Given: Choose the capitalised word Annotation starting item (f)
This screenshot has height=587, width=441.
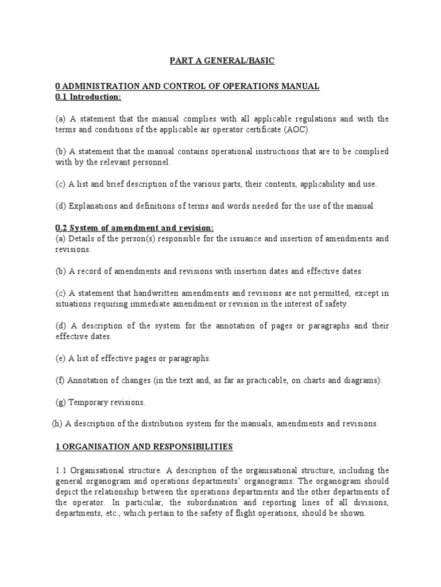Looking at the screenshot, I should [90, 380].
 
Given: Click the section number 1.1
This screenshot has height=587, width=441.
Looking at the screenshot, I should [62, 469].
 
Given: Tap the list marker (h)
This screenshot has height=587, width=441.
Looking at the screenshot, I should [56, 424].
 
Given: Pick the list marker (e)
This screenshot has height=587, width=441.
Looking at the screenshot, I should [61, 358].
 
